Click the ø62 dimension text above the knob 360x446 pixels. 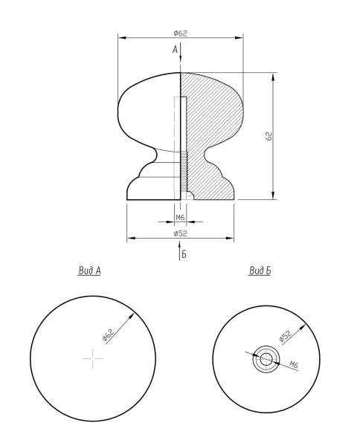click(x=181, y=33)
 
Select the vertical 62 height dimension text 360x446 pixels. click(x=269, y=136)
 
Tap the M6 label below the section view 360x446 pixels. click(x=180, y=218)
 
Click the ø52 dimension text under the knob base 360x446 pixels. click(x=181, y=233)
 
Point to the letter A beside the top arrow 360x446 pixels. click(x=175, y=50)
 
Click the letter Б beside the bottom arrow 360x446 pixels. click(x=184, y=254)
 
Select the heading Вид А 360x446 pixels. click(x=89, y=271)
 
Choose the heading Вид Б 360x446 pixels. click(x=260, y=271)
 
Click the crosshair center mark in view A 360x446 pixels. click(x=93, y=358)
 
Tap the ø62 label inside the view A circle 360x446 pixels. click(x=108, y=334)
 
